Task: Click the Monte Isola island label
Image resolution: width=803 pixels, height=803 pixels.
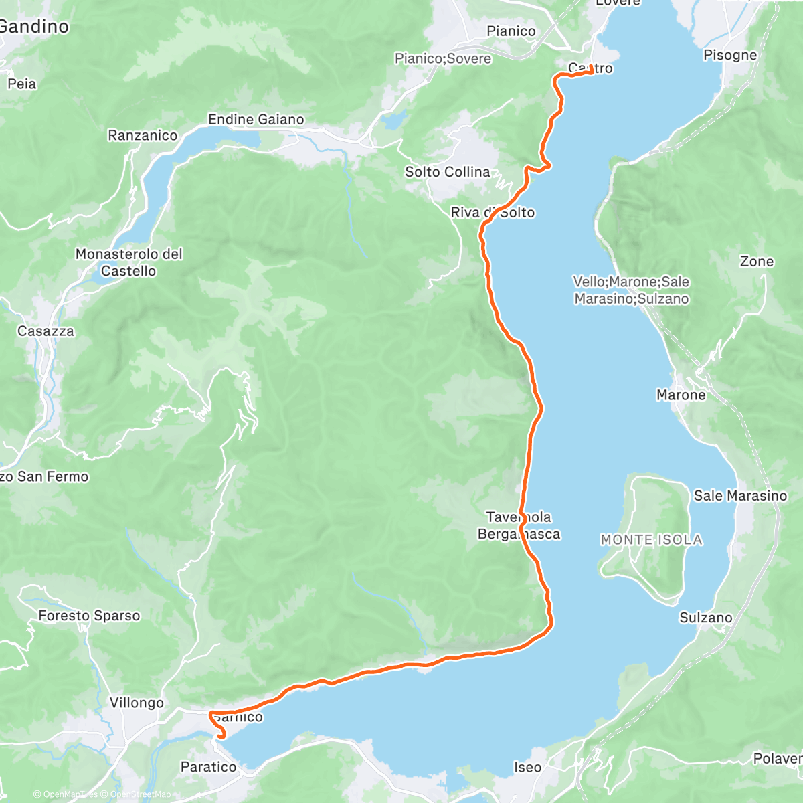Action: (x=651, y=540)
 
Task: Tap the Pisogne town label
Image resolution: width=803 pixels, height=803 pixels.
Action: (x=730, y=55)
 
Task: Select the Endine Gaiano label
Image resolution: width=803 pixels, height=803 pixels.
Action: (x=256, y=120)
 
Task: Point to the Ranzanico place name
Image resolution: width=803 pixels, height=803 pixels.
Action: (x=143, y=136)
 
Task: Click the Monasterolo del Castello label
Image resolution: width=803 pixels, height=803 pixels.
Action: (x=128, y=262)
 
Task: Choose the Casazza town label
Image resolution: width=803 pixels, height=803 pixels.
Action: (x=46, y=331)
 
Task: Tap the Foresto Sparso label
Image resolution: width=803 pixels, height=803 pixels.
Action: (x=89, y=616)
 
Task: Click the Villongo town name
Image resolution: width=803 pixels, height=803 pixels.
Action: (x=137, y=703)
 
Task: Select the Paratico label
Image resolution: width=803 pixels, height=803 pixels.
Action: (x=208, y=767)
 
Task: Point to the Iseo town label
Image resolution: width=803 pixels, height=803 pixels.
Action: (x=527, y=767)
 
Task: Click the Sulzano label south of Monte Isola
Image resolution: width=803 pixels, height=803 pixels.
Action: (x=706, y=618)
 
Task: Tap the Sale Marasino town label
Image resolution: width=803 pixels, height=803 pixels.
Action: (x=740, y=496)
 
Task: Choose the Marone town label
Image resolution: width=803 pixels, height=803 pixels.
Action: (x=681, y=395)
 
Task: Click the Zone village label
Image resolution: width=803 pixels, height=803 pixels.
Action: (x=756, y=262)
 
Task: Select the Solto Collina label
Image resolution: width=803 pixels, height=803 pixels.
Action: (x=447, y=172)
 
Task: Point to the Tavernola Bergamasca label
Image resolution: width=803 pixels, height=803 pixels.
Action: (x=519, y=525)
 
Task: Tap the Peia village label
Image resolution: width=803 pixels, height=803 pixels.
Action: (x=21, y=84)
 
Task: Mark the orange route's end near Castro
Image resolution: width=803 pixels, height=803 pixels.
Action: (x=592, y=72)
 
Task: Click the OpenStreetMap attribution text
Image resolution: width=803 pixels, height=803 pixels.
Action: (x=139, y=794)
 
